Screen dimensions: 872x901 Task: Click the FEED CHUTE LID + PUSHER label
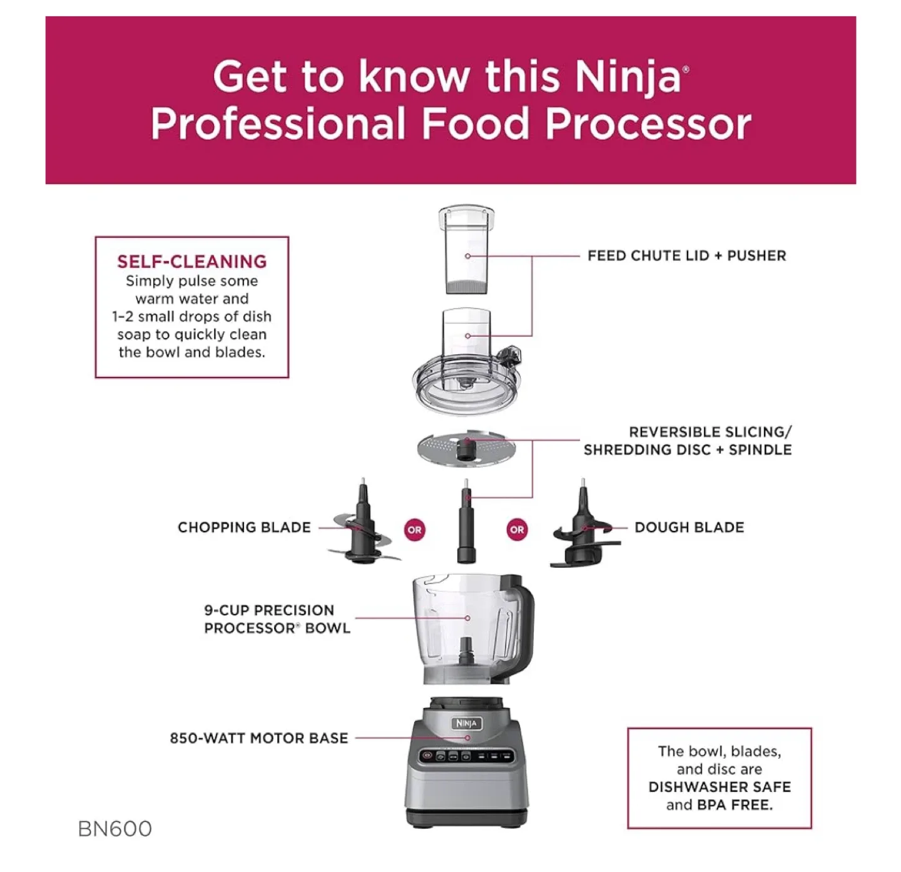point(686,255)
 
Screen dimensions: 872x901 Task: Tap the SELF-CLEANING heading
point(191,261)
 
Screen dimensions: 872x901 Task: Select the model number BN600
point(115,828)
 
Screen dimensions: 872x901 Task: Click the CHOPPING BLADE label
point(244,527)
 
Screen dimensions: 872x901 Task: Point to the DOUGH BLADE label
point(689,527)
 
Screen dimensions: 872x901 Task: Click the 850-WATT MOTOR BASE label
point(258,738)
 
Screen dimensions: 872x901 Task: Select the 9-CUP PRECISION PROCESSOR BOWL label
point(277,619)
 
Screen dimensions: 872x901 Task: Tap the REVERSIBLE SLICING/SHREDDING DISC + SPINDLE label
point(687,441)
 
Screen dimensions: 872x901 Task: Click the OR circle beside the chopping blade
point(414,530)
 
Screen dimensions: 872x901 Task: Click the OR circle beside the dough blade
point(517,530)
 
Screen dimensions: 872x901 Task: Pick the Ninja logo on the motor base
point(466,724)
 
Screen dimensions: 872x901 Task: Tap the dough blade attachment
point(582,532)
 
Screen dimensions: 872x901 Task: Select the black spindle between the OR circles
point(466,526)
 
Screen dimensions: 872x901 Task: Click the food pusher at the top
point(466,250)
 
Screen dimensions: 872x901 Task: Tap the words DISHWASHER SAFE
point(720,787)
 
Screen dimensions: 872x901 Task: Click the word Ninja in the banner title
point(628,76)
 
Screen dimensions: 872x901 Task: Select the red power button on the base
point(427,756)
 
